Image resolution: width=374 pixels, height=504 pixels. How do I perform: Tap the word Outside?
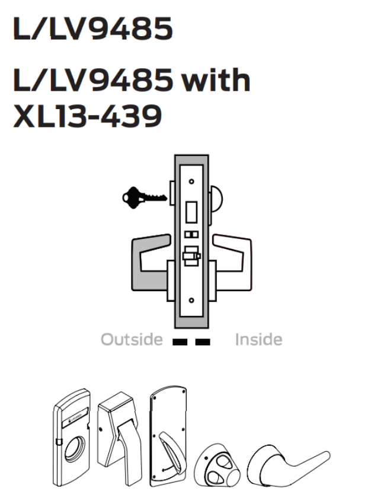pos(131,340)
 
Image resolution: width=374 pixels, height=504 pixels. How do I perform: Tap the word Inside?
pos(258,340)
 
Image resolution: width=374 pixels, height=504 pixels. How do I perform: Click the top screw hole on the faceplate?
pos(192,181)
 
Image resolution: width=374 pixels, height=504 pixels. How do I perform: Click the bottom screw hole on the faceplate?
pos(192,301)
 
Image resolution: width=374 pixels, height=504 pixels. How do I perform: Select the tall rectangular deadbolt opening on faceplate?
pos(192,210)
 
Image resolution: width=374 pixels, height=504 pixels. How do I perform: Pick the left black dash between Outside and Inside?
pos(178,342)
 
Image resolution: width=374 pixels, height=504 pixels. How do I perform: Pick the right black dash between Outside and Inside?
pos(202,342)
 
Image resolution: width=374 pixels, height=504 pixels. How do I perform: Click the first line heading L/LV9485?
pos(92,28)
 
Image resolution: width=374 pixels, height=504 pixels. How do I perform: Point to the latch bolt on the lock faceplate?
pos(190,257)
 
